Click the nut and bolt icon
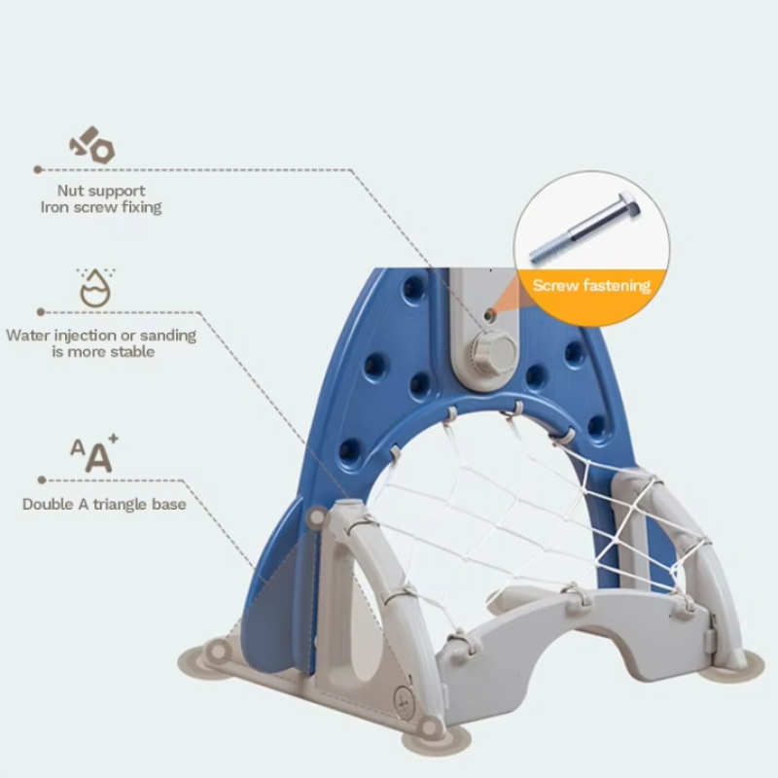92,145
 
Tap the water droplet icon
95,288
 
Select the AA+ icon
94,453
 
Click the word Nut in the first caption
69,191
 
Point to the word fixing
141,207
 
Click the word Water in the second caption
28,336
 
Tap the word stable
132,352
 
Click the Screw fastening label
591,285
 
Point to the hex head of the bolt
628,204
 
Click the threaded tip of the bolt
545,253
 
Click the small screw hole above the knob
489,314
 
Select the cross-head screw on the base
405,702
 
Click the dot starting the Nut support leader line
37,169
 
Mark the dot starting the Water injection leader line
41,312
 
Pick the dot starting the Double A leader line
42,480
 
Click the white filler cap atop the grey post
349,505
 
